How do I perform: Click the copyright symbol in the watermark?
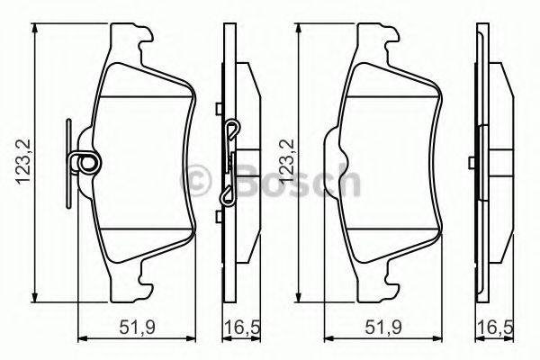tap(197, 177)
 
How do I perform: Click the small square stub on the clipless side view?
tap(472, 163)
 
